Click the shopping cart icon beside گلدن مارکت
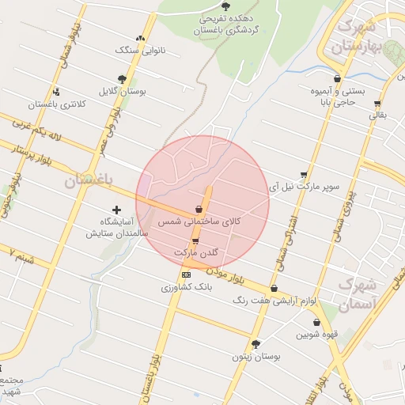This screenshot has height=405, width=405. (x=195, y=240)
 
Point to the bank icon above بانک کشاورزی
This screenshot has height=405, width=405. (x=186, y=274)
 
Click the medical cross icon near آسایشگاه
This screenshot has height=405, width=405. (x=117, y=210)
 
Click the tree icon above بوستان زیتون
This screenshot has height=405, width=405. (x=255, y=343)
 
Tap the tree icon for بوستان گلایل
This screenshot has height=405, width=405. (x=122, y=79)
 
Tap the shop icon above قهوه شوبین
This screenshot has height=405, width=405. (x=317, y=323)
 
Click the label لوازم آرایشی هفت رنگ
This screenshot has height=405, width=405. (x=274, y=301)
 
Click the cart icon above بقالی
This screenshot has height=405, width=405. (x=377, y=103)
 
